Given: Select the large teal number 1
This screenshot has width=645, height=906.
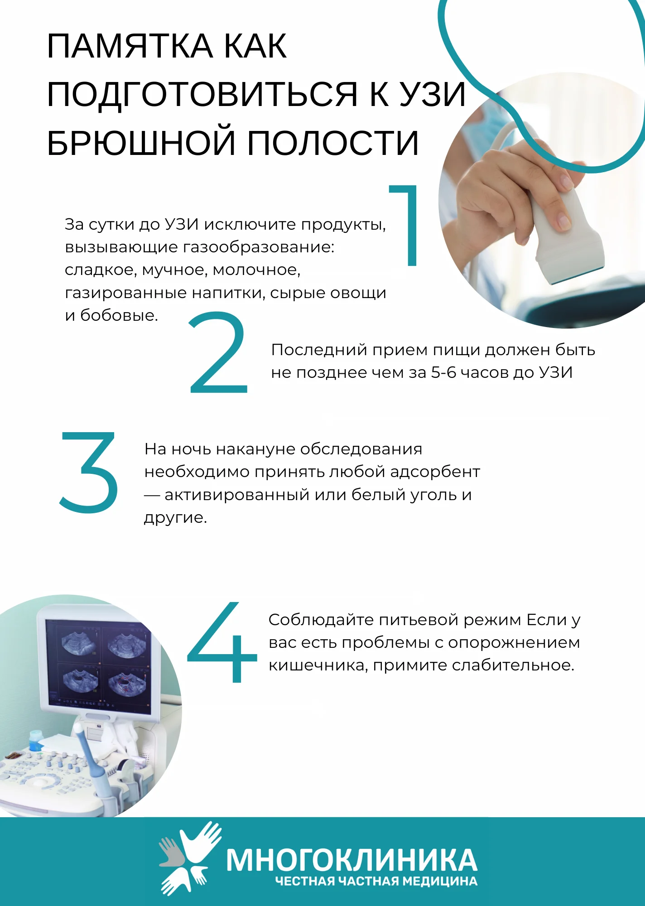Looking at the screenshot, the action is [404, 225].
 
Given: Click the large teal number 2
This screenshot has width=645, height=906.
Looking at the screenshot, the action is [218, 352].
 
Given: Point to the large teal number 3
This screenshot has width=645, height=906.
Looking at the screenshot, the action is [88, 472].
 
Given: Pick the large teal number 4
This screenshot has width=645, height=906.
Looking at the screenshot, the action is [222, 642].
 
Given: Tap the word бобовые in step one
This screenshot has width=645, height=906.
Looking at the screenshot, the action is [119, 315].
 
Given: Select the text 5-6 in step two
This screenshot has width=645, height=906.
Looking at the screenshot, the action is [443, 372].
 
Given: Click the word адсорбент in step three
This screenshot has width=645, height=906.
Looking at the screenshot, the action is [435, 472].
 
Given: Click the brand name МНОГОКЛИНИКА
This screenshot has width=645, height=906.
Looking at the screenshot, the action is [351, 860].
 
